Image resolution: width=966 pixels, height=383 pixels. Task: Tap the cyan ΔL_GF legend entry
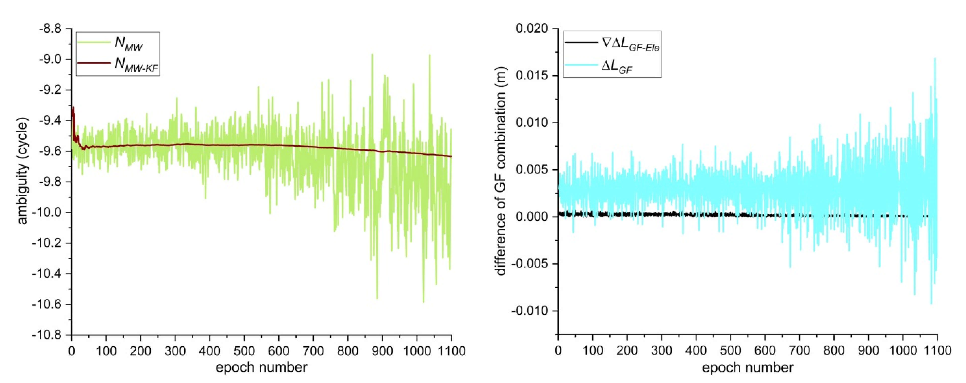617,67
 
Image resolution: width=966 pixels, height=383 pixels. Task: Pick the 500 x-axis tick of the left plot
244,351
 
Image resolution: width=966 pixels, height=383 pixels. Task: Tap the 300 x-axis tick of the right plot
662,351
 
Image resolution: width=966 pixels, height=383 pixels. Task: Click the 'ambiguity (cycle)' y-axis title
23,172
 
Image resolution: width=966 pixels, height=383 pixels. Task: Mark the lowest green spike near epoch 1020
423,302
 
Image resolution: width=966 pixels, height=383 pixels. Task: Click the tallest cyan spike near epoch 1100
935,59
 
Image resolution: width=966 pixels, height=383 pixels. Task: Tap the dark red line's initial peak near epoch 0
73,108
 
